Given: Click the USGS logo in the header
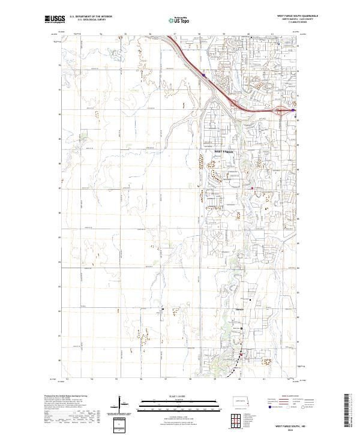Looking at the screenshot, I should pyautogui.click(x=53, y=20).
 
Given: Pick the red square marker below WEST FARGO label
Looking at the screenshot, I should pyautogui.click(x=252, y=188).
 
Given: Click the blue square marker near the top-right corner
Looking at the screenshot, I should pyautogui.click(x=280, y=44).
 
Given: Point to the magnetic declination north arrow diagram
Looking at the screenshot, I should pyautogui.click(x=120, y=403).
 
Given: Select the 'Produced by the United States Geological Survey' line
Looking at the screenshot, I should pyautogui.click(x=62, y=396).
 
